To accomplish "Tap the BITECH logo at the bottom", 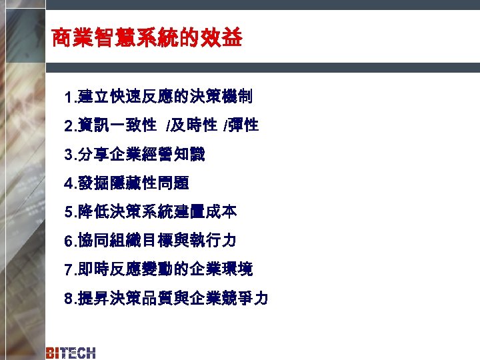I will pyautogui.click(x=71, y=353).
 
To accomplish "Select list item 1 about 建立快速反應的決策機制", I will pyautogui.click(x=158, y=97).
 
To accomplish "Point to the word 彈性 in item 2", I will pyautogui.click(x=243, y=125).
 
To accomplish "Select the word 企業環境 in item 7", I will pyautogui.click(x=221, y=269).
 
